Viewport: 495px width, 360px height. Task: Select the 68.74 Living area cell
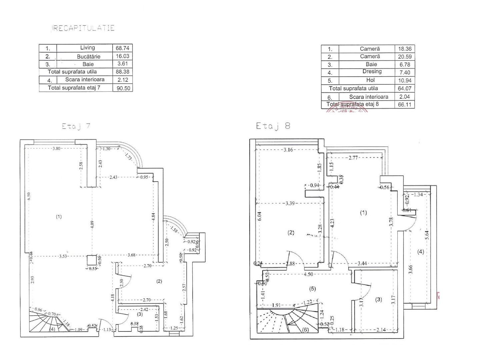coord(122,48)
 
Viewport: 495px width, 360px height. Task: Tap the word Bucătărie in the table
coord(88,57)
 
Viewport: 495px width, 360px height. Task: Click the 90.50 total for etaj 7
coord(123,88)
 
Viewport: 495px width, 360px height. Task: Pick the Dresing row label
coord(372,72)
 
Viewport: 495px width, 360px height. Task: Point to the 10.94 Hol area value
coord(405,81)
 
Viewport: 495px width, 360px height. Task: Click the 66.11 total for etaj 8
coord(405,104)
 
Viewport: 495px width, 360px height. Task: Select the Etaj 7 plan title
coord(76,126)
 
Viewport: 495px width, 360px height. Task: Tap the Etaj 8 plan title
coord(273,126)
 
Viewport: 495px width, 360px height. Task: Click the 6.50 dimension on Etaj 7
coord(29,196)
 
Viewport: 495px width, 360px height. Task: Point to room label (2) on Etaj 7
coord(159,281)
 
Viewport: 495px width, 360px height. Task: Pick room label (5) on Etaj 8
coord(312,289)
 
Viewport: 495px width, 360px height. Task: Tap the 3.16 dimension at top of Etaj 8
coord(288,150)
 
